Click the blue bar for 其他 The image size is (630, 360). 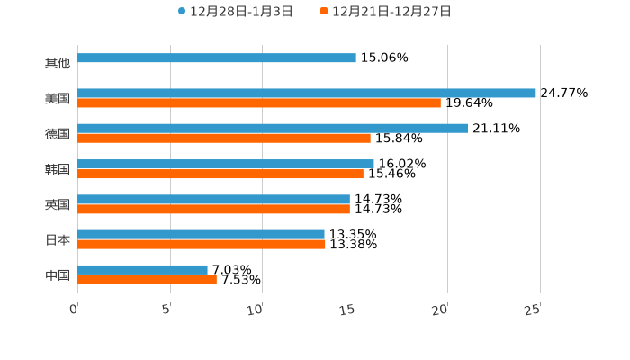pos(216,58)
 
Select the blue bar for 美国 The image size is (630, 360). pos(306,93)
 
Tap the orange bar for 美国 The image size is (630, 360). pos(259,103)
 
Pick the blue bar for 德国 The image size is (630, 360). pos(273,128)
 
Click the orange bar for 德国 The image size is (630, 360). pos(223,139)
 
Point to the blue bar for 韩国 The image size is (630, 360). pos(225,164)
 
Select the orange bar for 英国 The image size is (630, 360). pos(213,209)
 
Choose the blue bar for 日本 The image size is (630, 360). pos(201,234)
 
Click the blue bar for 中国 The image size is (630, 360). pos(142,269)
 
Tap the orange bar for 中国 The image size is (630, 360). pos(147,279)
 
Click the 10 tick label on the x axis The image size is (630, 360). pos(256,310)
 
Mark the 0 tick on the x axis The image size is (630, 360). pos(74,310)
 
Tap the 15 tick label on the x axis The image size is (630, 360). pos(349,310)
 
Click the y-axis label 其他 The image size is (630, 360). pos(58,63)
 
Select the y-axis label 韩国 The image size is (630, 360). pos(58,169)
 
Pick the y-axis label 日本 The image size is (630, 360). pos(58,239)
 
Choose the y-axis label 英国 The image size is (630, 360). pos(58,204)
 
